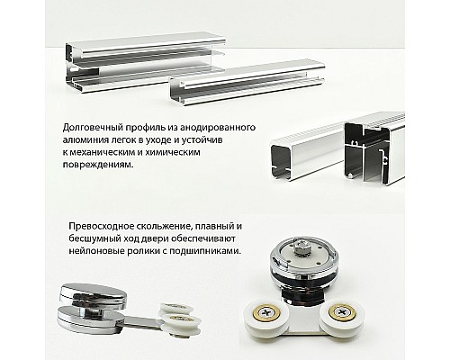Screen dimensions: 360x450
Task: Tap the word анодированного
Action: pyautogui.click(x=206, y=128)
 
